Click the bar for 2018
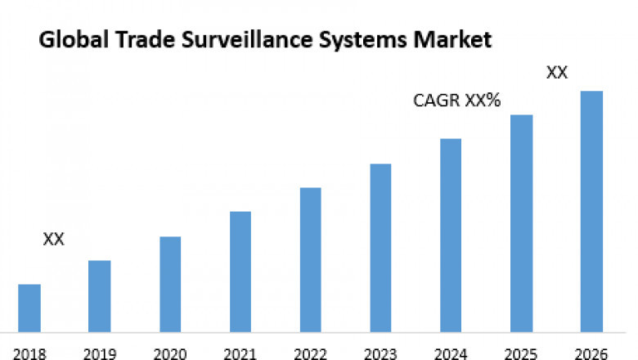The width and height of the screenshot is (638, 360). (x=29, y=308)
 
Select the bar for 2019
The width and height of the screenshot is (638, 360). (x=100, y=296)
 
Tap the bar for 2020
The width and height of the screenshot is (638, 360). (x=170, y=284)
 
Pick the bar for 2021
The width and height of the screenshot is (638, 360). (x=240, y=272)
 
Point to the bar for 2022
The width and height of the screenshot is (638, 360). (x=310, y=259)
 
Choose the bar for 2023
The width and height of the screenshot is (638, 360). (x=380, y=248)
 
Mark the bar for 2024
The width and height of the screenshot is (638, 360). (x=451, y=236)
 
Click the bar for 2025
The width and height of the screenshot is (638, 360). (x=521, y=223)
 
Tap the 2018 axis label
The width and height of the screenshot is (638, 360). (x=29, y=353)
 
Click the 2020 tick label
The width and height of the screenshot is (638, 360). (x=170, y=353)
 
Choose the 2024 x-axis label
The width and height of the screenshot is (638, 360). (x=451, y=353)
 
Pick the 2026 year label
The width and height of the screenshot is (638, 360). (x=591, y=353)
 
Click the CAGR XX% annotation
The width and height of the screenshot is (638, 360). (x=456, y=101)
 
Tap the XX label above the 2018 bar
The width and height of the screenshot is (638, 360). (x=53, y=239)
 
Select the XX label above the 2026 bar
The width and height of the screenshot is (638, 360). (x=557, y=72)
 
